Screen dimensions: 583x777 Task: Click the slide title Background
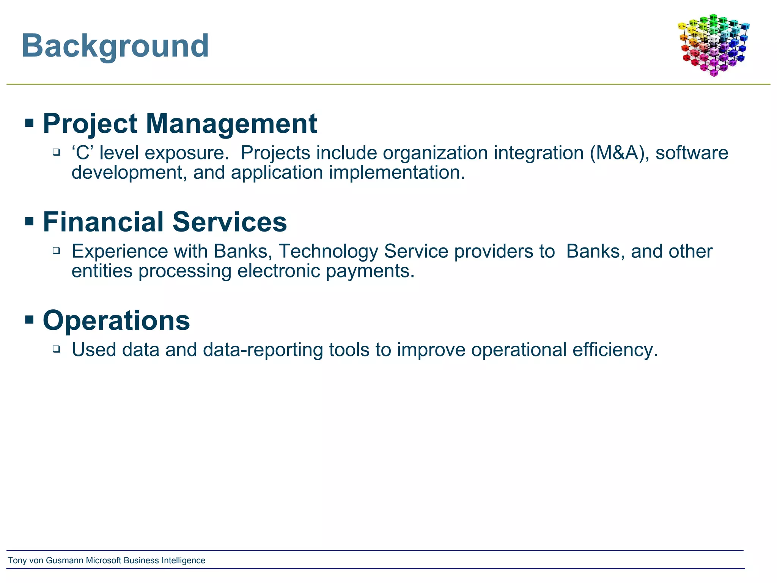point(115,46)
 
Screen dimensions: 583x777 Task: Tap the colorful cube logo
point(713,45)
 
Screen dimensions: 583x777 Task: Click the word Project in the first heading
point(90,124)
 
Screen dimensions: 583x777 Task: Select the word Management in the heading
point(231,124)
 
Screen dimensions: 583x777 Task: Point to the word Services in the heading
point(230,222)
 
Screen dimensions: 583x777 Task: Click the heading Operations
point(116,321)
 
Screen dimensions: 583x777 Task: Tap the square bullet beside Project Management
point(29,123)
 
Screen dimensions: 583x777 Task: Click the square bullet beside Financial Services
point(29,221)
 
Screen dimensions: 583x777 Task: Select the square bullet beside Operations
point(29,320)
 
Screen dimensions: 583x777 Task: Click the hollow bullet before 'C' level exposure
point(57,152)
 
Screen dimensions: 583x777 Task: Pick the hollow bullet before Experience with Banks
point(57,251)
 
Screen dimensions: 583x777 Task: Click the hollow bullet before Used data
point(57,349)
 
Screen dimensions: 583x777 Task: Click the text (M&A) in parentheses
point(617,153)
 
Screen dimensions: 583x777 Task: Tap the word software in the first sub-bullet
point(692,153)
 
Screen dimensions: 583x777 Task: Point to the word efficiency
point(615,350)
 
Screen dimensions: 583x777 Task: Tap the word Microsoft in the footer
point(104,561)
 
